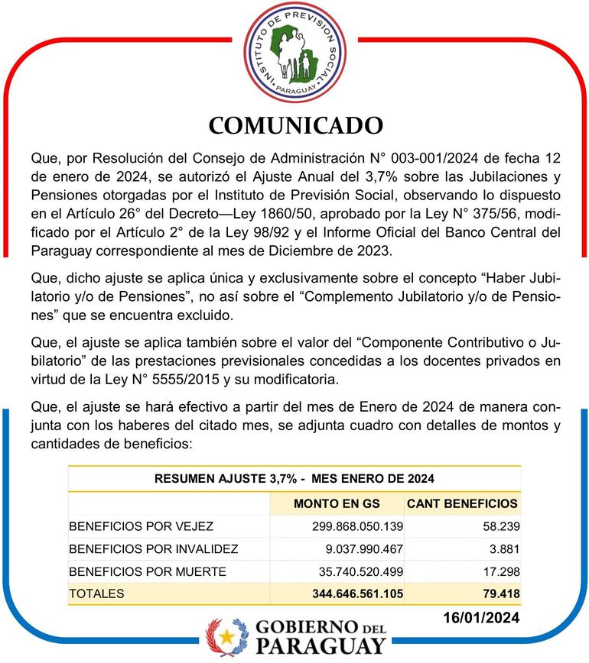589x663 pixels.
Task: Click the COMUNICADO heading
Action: [x=295, y=124]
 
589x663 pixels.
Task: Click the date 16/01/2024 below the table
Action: [x=481, y=617]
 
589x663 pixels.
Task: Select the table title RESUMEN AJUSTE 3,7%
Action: [x=294, y=479]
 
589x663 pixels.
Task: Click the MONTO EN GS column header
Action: [x=337, y=503]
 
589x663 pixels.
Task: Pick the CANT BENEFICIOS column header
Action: [x=462, y=503]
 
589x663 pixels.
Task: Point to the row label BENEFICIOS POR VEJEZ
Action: [x=141, y=526]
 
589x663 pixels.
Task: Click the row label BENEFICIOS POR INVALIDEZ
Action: [x=153, y=548]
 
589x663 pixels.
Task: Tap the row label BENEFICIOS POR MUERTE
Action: [x=147, y=571]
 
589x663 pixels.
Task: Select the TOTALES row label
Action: [x=96, y=593]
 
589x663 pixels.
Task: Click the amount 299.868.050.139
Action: [x=357, y=526]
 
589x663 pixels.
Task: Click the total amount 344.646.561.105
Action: [x=357, y=593]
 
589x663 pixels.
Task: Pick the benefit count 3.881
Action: [x=503, y=548]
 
